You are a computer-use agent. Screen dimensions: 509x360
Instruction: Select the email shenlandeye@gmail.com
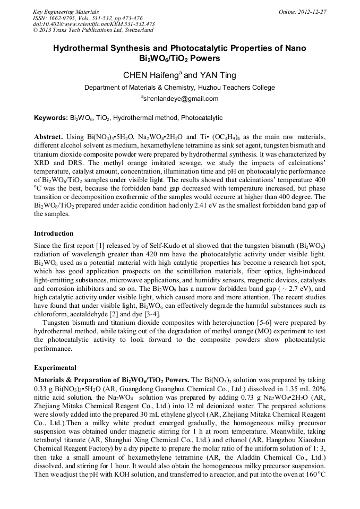click(180, 99)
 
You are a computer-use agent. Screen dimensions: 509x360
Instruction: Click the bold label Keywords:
click(51, 118)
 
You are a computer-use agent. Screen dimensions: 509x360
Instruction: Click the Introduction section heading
click(54, 234)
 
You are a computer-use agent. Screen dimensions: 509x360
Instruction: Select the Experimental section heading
click(55, 367)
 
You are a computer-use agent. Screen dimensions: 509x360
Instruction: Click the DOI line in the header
click(94, 24)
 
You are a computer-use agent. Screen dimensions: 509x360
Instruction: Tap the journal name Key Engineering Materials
click(66, 12)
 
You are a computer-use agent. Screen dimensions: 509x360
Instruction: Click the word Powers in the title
click(205, 58)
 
